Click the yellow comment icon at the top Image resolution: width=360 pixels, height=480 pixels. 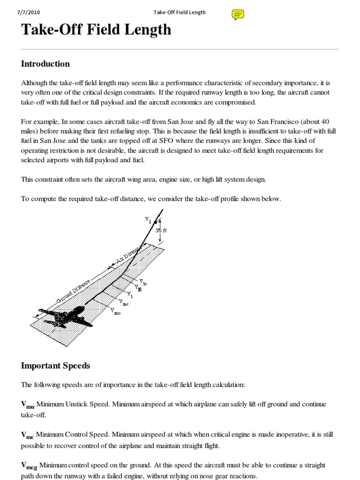[x=238, y=15]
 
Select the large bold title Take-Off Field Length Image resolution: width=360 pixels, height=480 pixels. [x=96, y=30]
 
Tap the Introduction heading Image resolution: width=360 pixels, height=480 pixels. [x=45, y=64]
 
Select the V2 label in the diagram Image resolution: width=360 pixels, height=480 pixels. [x=149, y=219]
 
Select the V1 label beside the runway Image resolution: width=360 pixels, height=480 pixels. [x=130, y=295]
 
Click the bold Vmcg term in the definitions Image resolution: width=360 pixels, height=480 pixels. [x=29, y=466]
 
